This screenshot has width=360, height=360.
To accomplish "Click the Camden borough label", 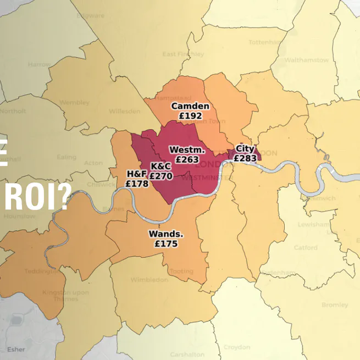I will tap(190, 106).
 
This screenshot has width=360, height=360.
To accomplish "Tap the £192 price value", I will tap(190, 116).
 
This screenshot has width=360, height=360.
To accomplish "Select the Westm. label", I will tap(187, 149).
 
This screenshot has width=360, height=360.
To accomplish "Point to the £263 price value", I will tap(187, 159).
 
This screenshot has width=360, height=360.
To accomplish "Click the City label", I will tap(245, 149).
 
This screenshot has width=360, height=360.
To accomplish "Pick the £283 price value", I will tap(245, 158).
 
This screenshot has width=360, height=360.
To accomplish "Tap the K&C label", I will tap(161, 166).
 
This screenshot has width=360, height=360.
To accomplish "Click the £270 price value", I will tap(161, 176).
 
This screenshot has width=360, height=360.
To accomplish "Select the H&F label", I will tap(137, 174).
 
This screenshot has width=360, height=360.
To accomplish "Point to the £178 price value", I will tap(137, 184).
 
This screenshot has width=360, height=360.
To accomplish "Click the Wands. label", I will tap(166, 234).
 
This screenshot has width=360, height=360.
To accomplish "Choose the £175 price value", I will tap(166, 243).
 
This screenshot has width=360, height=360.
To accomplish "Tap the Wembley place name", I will tap(74, 103).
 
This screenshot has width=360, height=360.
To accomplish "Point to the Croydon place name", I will tap(237, 347).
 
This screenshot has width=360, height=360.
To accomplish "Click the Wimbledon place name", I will tap(149, 280).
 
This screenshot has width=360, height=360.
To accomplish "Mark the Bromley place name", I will tap(335, 304).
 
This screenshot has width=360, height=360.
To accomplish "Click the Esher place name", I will tap(16, 348).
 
